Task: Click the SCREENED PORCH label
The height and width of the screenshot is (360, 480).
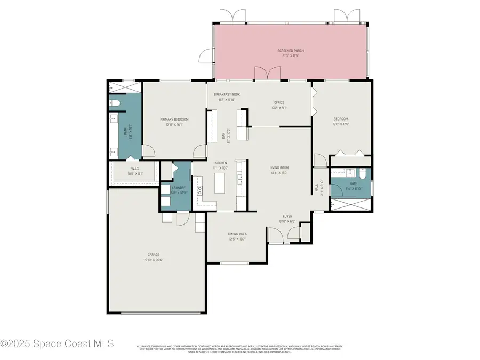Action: tap(290, 51)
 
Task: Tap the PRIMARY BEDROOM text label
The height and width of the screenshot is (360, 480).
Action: tap(174, 119)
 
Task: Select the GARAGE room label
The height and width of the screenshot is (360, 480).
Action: tap(154, 254)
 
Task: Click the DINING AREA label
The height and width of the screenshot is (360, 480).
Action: tap(237, 234)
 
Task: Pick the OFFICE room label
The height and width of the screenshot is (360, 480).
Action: tap(279, 102)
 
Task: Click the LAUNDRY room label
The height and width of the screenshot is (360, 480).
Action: tap(178, 188)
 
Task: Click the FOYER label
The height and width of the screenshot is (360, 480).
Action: tap(287, 216)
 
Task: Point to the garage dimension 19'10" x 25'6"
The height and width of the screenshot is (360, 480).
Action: tap(154, 260)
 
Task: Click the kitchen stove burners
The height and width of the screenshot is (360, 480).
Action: tap(201, 190)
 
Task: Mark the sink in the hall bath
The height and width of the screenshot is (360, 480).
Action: tap(350, 173)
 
